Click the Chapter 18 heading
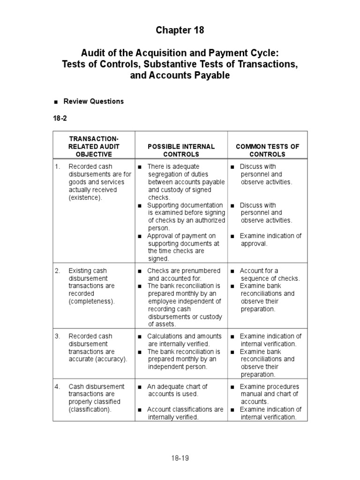click(180, 30)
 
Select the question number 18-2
click(60, 118)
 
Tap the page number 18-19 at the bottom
click(180, 458)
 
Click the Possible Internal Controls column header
click(181, 150)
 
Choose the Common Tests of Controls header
click(267, 150)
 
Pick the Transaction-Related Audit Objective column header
click(94, 146)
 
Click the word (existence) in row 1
click(85, 198)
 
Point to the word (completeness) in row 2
click(91, 301)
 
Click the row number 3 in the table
click(57, 336)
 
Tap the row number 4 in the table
click(57, 387)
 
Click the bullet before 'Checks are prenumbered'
click(140, 271)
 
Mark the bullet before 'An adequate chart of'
click(140, 387)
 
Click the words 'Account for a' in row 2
click(259, 270)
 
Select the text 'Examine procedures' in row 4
click(270, 386)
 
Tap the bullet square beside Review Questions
click(56, 102)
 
